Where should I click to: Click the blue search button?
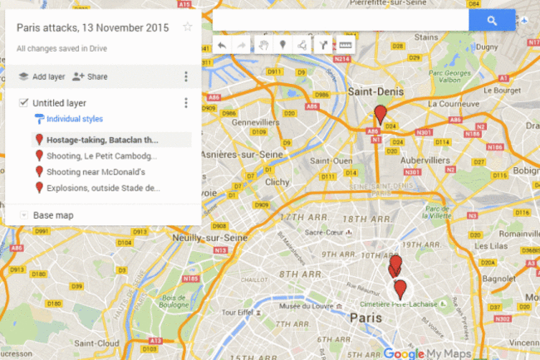pyautogui.click(x=492, y=20)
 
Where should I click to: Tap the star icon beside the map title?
pyautogui.click(x=188, y=27)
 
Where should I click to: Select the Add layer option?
pyautogui.click(x=42, y=76)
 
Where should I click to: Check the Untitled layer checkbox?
pyautogui.click(x=23, y=103)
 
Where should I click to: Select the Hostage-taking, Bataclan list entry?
pyautogui.click(x=101, y=140)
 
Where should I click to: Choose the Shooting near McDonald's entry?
pyautogui.click(x=96, y=172)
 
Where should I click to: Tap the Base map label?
pyautogui.click(x=53, y=215)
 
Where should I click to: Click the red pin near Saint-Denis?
pyautogui.click(x=380, y=114)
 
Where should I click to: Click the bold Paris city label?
pyautogui.click(x=366, y=318)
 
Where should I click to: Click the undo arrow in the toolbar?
pyautogui.click(x=222, y=45)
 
